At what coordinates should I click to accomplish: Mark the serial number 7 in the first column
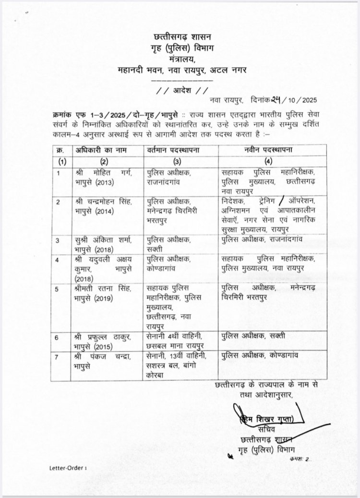58,357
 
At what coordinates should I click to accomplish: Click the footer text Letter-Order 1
68,480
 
